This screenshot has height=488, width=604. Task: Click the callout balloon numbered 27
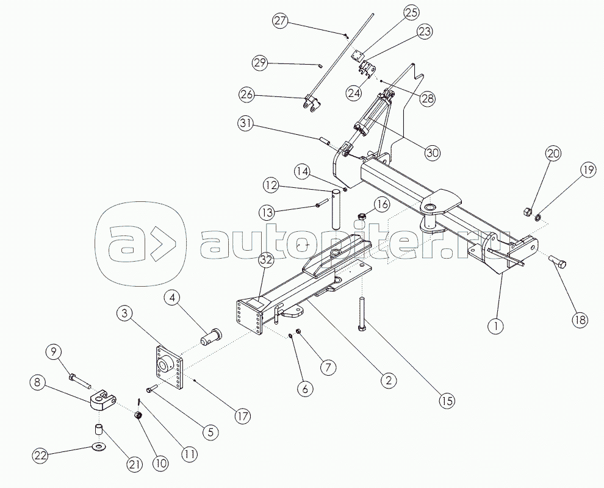click(281, 21)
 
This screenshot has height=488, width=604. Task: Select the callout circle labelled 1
click(496, 326)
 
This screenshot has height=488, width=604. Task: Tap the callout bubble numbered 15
click(447, 401)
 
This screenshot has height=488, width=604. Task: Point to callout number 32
click(266, 260)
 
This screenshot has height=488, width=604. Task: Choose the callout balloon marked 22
click(40, 456)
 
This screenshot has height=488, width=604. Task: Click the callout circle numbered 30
click(433, 153)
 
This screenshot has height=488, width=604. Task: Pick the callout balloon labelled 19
click(588, 170)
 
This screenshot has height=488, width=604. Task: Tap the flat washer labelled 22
click(99, 447)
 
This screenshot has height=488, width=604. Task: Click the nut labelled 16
click(361, 217)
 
